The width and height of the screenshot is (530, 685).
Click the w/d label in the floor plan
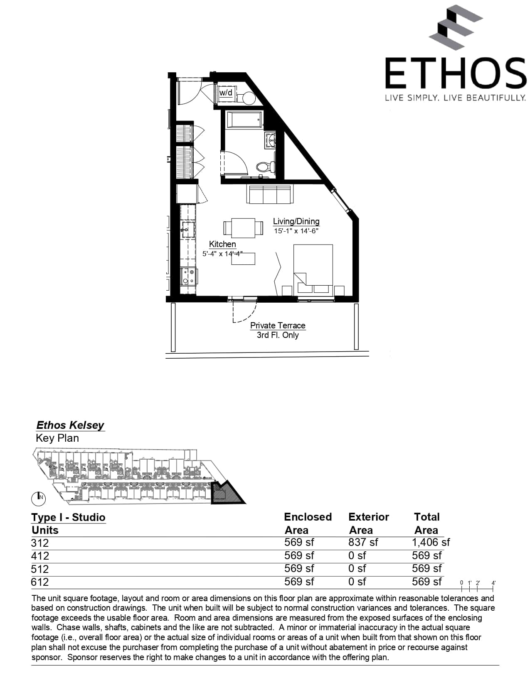point(226,92)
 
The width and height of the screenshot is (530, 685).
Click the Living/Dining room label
point(296,221)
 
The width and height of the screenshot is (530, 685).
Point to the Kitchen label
point(222,244)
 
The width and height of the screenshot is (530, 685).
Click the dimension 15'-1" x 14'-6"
point(296,231)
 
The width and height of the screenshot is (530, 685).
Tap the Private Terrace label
point(278,325)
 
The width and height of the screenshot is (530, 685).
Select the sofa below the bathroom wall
point(269,194)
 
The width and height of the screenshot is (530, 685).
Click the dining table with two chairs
point(243,228)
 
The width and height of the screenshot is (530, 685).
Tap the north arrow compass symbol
point(39,497)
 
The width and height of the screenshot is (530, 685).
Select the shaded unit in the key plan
point(225,494)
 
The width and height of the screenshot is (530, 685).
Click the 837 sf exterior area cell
point(363,542)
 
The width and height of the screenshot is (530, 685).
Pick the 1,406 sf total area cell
point(431,542)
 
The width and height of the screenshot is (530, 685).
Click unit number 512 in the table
point(40,569)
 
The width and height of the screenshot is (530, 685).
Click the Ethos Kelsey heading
point(70,425)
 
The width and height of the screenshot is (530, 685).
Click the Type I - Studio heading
point(68,517)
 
